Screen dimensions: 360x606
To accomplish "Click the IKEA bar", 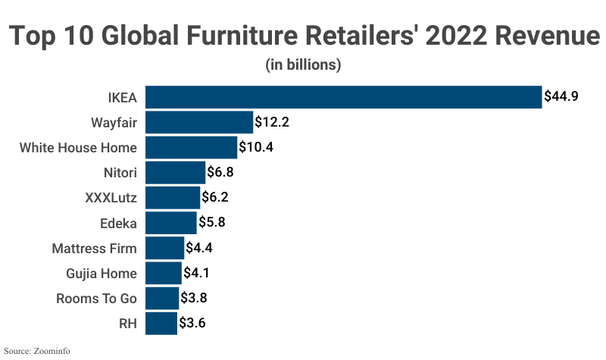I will [343, 97].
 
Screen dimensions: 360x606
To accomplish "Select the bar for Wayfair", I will [198, 122].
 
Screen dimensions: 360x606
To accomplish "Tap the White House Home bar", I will [191, 147].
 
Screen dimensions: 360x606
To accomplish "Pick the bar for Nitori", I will [175, 172].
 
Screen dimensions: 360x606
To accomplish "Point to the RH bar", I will [161, 323].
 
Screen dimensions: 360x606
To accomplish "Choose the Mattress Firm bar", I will [164, 248].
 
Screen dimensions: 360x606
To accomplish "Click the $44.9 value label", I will [561, 97].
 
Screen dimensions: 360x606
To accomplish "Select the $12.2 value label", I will [272, 122].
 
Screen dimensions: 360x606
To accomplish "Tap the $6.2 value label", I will [214, 198].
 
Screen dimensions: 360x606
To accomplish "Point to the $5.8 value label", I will [211, 223].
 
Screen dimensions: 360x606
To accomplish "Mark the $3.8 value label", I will [194, 298].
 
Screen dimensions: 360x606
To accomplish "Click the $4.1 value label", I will [196, 273].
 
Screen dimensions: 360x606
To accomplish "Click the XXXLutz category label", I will [111, 198].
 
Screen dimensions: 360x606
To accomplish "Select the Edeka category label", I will [118, 223].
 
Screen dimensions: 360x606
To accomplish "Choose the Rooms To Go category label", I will [96, 298].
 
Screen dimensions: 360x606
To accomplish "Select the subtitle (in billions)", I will [303, 64].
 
